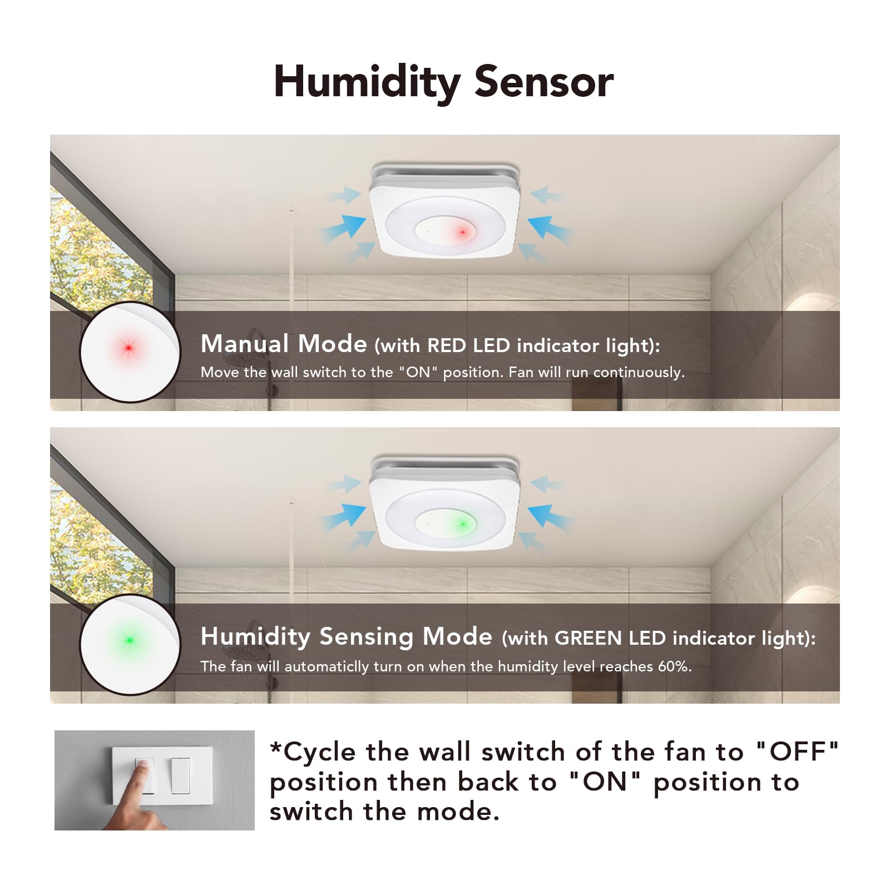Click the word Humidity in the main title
(367, 82)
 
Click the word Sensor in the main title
(544, 82)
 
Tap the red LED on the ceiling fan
(462, 232)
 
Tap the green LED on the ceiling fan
(462, 524)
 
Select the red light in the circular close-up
(128, 348)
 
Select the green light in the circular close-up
(129, 641)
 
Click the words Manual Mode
(284, 344)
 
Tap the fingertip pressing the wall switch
(142, 767)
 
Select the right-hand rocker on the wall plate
(180, 775)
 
